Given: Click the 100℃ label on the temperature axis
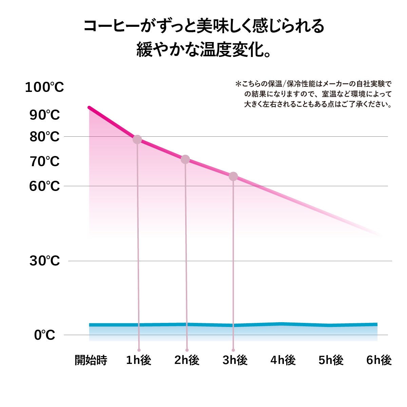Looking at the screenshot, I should (x=44, y=88).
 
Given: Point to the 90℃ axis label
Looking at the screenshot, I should (x=44, y=115).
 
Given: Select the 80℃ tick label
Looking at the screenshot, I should (x=44, y=137).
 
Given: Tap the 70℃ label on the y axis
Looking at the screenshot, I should (x=44, y=162).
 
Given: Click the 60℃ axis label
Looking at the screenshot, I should (x=44, y=186).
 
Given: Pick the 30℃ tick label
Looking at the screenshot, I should (x=44, y=261).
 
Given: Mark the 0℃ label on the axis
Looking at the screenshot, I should (x=44, y=335).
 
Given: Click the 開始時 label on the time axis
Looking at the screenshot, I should (x=91, y=360).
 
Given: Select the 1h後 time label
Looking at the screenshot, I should (x=138, y=360).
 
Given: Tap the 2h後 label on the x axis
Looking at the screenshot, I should (x=187, y=360).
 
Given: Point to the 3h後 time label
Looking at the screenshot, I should (x=235, y=360).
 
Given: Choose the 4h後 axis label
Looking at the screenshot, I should (x=283, y=360).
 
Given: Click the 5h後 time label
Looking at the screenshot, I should (x=331, y=360).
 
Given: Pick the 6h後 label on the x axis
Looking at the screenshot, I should (x=379, y=360).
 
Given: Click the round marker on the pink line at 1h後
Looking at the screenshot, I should (x=137, y=139).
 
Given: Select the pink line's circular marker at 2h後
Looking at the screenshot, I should (x=185, y=159).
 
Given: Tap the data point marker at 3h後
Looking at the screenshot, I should (x=233, y=176).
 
